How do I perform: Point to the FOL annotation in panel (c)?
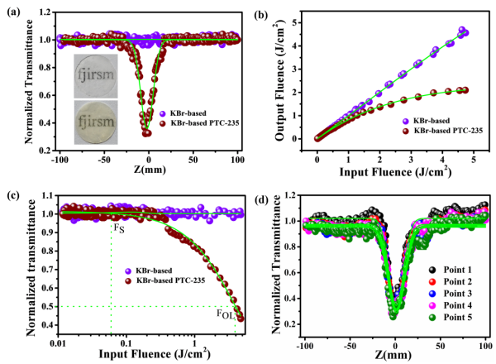pyautogui.click(x=225, y=314)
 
